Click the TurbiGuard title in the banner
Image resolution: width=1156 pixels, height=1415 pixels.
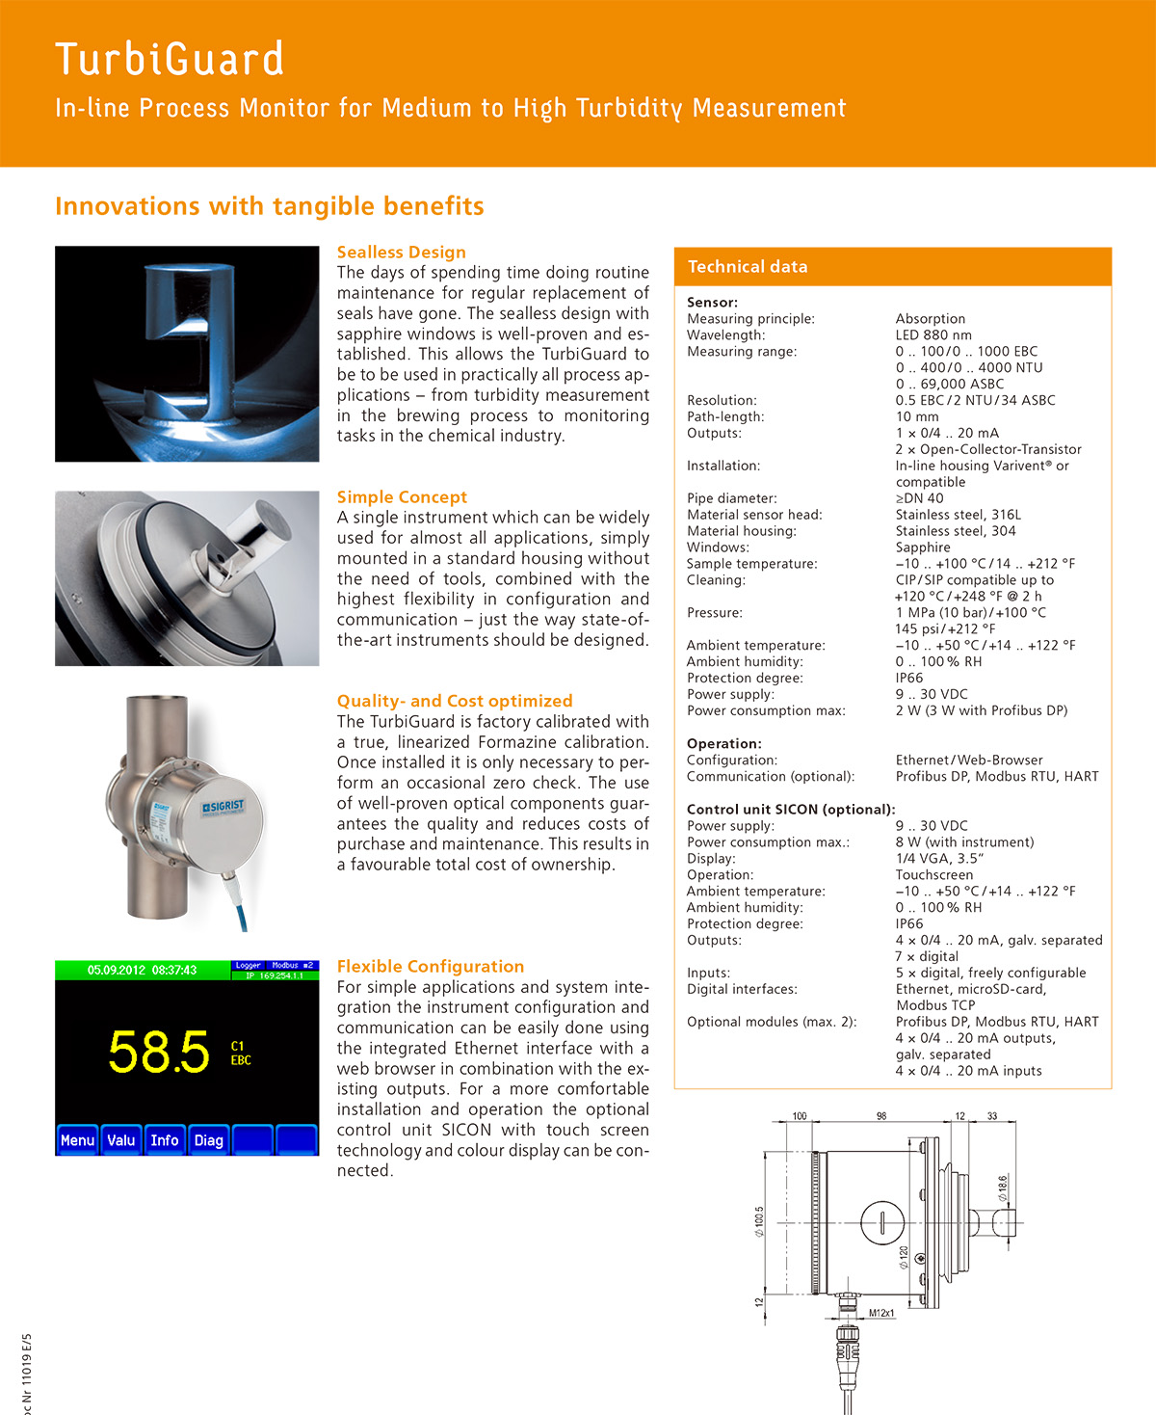pyautogui.click(x=170, y=59)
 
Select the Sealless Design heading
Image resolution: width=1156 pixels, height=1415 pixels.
pyautogui.click(x=402, y=253)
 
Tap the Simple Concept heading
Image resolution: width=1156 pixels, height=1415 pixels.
pyautogui.click(x=402, y=497)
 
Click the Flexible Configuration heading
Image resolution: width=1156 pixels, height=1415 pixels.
pyautogui.click(x=431, y=967)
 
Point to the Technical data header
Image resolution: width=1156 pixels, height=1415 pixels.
pyautogui.click(x=748, y=267)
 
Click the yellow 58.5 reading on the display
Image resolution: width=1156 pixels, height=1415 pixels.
pyautogui.click(x=158, y=1052)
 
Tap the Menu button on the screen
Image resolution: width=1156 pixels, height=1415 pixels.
pyautogui.click(x=77, y=1140)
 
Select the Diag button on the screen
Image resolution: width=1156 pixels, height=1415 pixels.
pyautogui.click(x=209, y=1140)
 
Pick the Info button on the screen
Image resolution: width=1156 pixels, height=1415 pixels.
pyautogui.click(x=165, y=1140)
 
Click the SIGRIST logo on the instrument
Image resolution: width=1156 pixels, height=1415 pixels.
pyautogui.click(x=223, y=806)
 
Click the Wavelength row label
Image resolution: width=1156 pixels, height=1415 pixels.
pyautogui.click(x=725, y=335)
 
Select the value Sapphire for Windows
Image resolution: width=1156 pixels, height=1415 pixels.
pyautogui.click(x=922, y=547)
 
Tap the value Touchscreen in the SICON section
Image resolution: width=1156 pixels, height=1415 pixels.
pyautogui.click(x=933, y=875)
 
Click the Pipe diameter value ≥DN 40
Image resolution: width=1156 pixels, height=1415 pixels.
pyautogui.click(x=919, y=498)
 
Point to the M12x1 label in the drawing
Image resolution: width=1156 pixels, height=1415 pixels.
pyautogui.click(x=881, y=1313)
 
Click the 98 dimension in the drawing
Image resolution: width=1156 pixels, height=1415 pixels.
pyautogui.click(x=881, y=1116)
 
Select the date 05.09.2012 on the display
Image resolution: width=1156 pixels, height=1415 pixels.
pyautogui.click(x=116, y=970)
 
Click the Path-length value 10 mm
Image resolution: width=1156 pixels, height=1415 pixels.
pyautogui.click(x=916, y=417)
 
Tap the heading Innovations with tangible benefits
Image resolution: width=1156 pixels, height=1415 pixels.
pyautogui.click(x=270, y=206)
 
